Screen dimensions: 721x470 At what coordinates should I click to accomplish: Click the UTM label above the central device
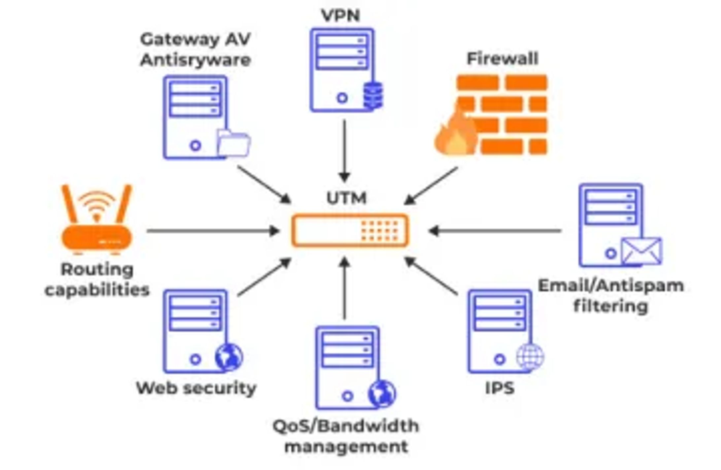pyautogui.click(x=347, y=198)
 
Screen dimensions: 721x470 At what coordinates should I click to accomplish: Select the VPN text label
pyautogui.click(x=341, y=16)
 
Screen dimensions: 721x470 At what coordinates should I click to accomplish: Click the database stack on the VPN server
pyautogui.click(x=373, y=95)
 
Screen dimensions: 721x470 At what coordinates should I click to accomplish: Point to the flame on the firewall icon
pyautogui.click(x=455, y=134)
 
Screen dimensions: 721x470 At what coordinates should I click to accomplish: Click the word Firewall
pyautogui.click(x=502, y=59)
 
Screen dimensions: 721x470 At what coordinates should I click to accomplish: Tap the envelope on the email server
pyautogui.click(x=641, y=251)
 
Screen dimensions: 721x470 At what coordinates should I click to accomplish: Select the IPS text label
pyautogui.click(x=500, y=388)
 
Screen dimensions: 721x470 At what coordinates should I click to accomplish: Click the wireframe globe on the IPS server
pyautogui.click(x=530, y=357)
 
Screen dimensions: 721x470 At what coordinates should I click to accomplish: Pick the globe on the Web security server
pyautogui.click(x=229, y=357)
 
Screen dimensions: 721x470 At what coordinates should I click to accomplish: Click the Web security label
pyautogui.click(x=196, y=388)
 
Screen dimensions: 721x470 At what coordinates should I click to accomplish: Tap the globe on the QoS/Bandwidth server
pyautogui.click(x=382, y=394)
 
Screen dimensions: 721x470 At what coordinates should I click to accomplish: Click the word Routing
pyautogui.click(x=97, y=270)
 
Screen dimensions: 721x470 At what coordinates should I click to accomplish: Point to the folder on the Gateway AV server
pyautogui.click(x=233, y=143)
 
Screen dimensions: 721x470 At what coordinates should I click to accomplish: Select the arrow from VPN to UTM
pyautogui.click(x=344, y=151)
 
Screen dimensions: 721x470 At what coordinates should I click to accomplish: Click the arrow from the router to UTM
pyautogui.click(x=213, y=231)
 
